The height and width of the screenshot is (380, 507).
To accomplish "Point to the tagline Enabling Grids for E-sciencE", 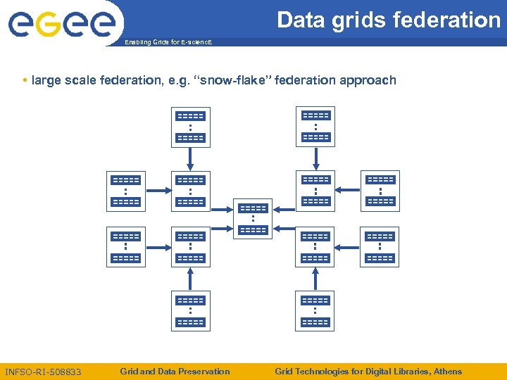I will (167, 42).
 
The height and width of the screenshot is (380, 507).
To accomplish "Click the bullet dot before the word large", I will (25, 80).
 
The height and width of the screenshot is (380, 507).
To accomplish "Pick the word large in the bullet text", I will (46, 80).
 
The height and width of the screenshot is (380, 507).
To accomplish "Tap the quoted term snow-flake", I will (235, 80).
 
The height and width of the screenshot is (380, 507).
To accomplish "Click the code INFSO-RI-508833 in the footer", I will (43, 372).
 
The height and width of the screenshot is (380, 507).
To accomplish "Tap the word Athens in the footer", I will (447, 372).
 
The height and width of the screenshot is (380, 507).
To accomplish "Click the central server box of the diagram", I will (253, 219).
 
